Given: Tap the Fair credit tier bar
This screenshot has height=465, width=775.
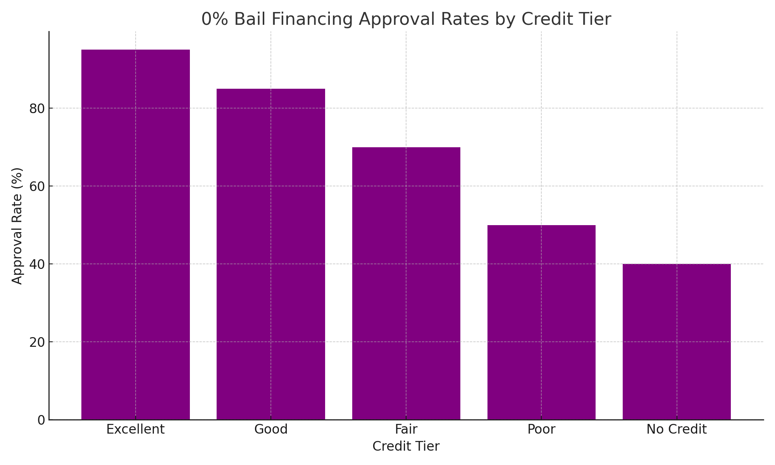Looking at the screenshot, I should click(406, 283).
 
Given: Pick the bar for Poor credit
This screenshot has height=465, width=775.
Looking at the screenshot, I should click(541, 322).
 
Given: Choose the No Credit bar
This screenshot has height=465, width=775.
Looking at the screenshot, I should click(677, 341).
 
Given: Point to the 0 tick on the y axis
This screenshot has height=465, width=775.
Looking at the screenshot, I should click(41, 420).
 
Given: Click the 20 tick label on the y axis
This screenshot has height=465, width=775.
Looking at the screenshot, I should click(37, 342).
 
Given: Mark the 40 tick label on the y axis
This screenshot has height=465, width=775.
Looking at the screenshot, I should click(37, 264).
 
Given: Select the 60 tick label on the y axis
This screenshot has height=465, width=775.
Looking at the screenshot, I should click(37, 186).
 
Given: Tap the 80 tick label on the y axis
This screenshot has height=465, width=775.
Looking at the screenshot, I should click(37, 108).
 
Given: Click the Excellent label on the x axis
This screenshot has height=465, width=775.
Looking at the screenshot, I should click(135, 429).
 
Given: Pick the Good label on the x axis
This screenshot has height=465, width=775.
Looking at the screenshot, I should click(270, 429).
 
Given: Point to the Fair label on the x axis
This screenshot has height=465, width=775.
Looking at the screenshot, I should click(406, 429).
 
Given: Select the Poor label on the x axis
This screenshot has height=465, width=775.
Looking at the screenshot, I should click(541, 429).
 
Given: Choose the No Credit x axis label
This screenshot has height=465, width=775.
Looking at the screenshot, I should click(677, 429).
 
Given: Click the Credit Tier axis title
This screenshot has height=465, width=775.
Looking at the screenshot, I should click(406, 446).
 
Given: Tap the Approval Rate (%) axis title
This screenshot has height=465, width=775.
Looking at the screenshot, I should click(17, 226).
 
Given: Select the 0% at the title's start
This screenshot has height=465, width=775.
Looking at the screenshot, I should click(215, 19).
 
